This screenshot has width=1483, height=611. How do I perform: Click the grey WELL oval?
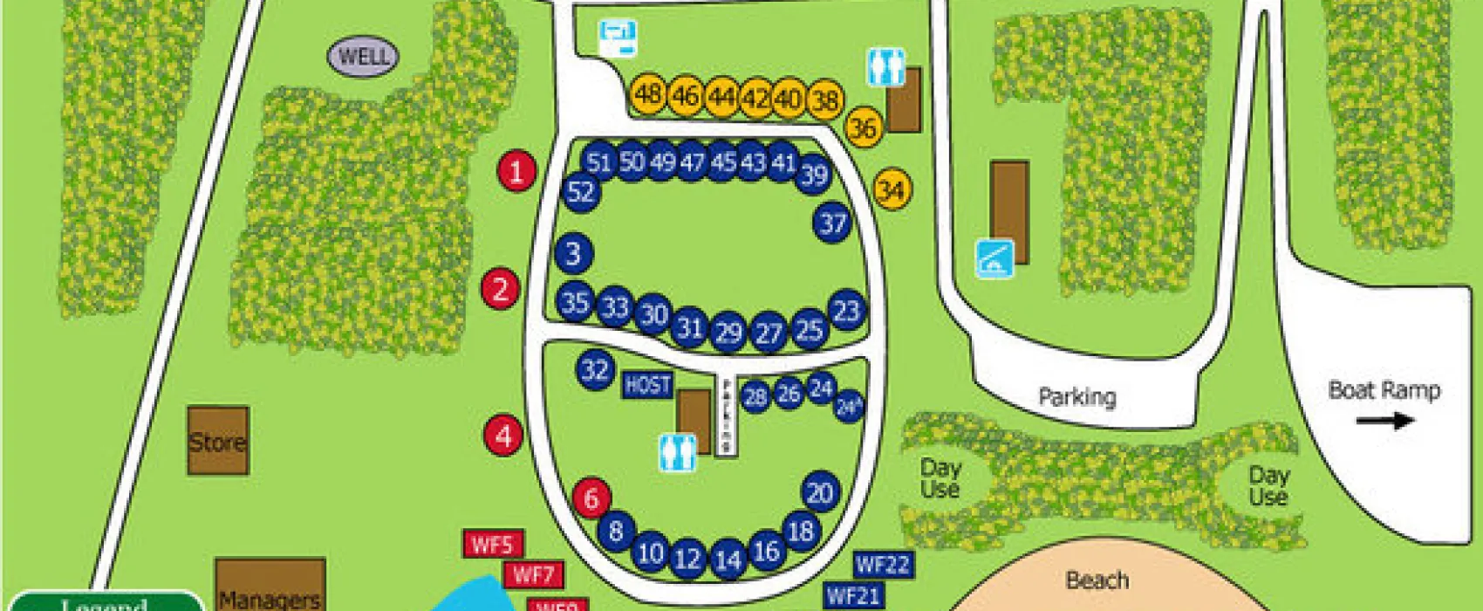click(x=363, y=58)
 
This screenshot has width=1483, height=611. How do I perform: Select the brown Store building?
click(x=218, y=441)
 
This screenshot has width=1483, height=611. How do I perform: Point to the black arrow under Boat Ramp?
click(x=1384, y=421)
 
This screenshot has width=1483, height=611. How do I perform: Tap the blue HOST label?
click(x=647, y=385)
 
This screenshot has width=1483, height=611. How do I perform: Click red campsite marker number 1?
click(x=516, y=171)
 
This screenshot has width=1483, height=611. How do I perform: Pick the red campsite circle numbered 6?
click(x=591, y=498)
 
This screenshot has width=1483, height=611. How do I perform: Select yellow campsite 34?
click(x=891, y=190)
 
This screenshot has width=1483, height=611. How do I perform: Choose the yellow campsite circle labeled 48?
click(x=648, y=93)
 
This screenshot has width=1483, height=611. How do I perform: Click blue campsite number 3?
click(x=573, y=253)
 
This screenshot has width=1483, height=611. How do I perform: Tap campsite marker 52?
click(x=581, y=192)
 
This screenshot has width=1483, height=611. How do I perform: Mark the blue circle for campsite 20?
click(x=819, y=493)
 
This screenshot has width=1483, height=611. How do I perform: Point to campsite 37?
click(x=832, y=223)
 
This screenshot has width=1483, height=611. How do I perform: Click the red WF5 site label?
click(x=492, y=545)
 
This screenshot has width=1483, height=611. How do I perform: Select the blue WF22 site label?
click(x=883, y=565)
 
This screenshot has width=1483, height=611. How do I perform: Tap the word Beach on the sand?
click(x=1097, y=580)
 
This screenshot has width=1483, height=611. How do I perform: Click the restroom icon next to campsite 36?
click(x=885, y=67)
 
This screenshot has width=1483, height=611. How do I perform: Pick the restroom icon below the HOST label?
click(x=677, y=453)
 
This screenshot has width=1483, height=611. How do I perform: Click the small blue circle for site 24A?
click(x=848, y=407)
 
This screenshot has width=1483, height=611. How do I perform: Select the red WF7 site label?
click(x=533, y=574)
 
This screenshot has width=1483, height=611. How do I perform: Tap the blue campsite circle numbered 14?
click(x=728, y=560)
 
